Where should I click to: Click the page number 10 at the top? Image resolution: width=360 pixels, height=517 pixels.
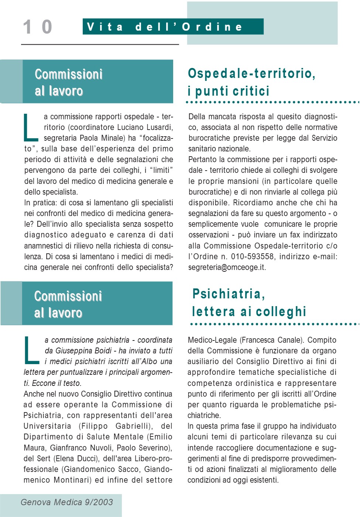[x=37, y=27]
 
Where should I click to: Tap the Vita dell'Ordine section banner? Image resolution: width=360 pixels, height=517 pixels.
[x=173, y=27]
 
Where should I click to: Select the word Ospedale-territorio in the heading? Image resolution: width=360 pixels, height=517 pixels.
[x=251, y=73]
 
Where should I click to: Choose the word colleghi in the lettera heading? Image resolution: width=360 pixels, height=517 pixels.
[x=281, y=312]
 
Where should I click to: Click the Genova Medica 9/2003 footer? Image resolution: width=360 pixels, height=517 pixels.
[x=66, y=502]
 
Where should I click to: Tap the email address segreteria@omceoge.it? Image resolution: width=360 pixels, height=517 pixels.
[x=227, y=267]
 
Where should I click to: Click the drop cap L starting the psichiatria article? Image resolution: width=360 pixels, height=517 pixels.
[x=31, y=350]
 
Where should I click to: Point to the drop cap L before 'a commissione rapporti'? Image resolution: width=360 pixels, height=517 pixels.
[x=31, y=128]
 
